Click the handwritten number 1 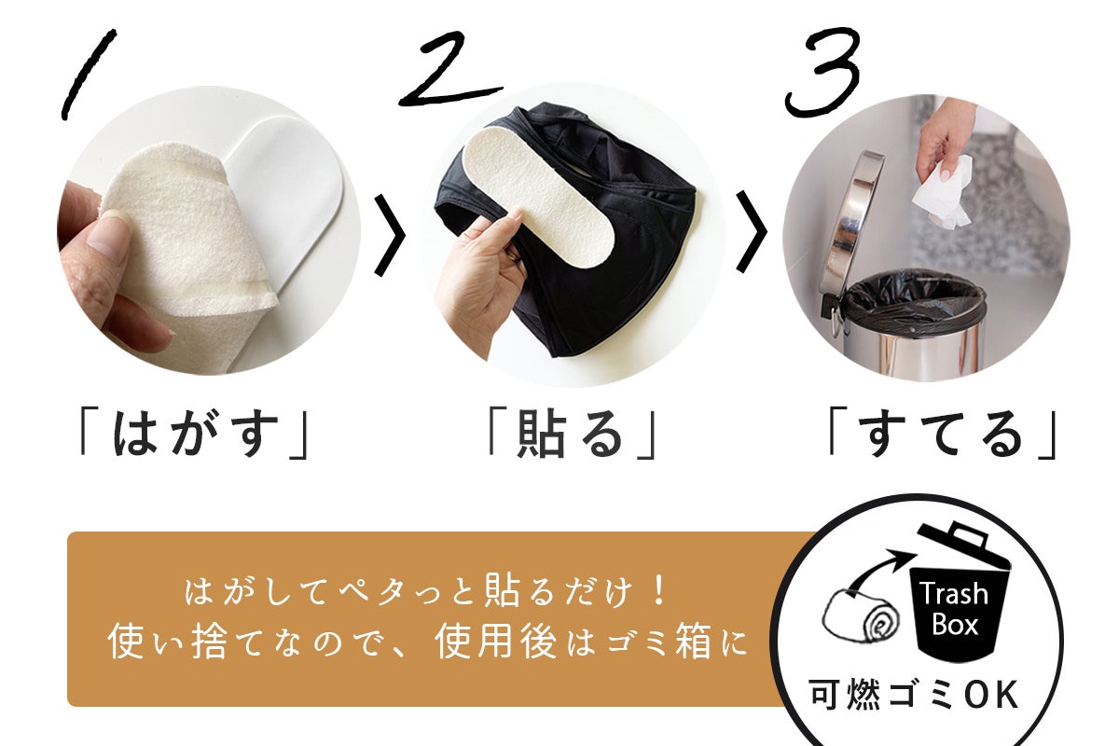tap(89, 74)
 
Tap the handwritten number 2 tap(449, 70)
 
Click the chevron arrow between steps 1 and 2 tap(390, 235)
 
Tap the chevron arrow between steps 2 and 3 tap(752, 232)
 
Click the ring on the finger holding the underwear tap(513, 256)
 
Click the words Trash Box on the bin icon tap(954, 610)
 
